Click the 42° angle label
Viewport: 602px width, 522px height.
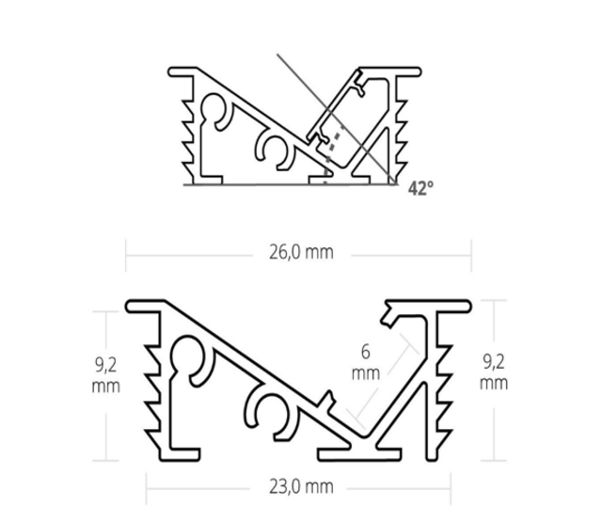[420, 188]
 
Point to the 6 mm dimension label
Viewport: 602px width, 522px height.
[370, 361]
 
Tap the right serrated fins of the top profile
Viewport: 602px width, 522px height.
[404, 132]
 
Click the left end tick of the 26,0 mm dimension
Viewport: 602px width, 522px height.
[127, 253]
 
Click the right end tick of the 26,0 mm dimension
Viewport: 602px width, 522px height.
[470, 253]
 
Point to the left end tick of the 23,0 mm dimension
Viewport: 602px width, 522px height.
[147, 486]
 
